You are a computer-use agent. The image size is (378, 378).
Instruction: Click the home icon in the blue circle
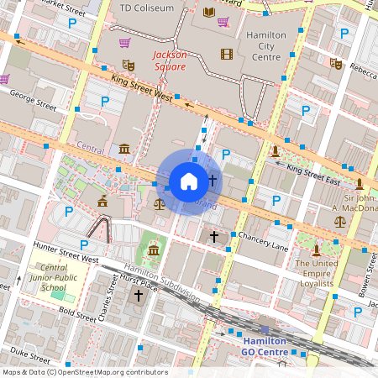pos(189,181)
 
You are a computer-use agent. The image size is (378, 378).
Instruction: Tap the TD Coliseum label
pos(148,8)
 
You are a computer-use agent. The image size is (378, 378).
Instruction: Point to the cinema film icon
pos(225,55)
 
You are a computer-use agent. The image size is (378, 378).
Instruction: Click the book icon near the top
pos(208,13)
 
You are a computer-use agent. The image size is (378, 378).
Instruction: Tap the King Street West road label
pos(139,87)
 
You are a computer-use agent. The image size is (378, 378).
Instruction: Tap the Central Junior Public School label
pos(54,280)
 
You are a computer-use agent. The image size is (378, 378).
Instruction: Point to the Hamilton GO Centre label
pos(265,346)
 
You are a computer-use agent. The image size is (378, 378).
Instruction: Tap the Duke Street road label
pos(26,352)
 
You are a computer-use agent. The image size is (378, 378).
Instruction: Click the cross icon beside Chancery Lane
pos(214,238)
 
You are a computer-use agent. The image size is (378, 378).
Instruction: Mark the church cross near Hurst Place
pos(139,296)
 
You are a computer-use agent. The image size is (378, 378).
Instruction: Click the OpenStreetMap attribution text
pos(85,372)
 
